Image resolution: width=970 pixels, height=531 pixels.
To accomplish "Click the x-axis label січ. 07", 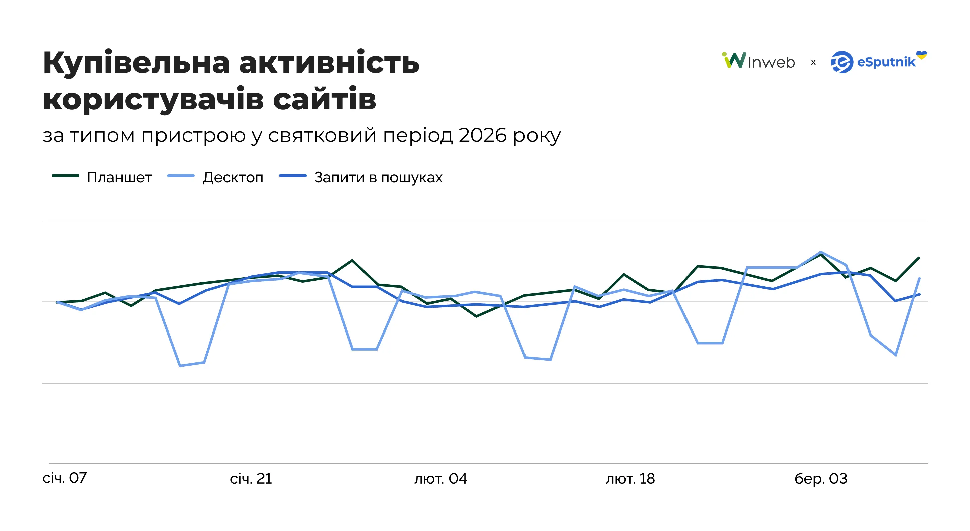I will click(64, 478).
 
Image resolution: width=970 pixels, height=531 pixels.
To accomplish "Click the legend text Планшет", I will click(119, 177).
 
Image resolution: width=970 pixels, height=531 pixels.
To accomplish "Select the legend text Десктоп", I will click(233, 177).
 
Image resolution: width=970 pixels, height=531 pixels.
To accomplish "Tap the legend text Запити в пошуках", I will click(379, 177).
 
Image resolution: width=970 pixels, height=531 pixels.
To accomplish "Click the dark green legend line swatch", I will click(66, 176).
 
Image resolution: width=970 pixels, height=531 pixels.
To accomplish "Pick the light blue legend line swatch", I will click(181, 176).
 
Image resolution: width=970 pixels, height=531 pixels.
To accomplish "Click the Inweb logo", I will click(758, 61).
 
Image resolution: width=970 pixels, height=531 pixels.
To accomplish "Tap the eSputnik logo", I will click(874, 62).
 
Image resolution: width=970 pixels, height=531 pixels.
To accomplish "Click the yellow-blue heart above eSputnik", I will click(921, 55).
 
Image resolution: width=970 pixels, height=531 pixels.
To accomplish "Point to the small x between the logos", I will click(813, 62).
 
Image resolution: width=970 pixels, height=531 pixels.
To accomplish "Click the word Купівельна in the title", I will click(136, 63).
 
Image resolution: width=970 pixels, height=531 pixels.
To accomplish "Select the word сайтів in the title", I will click(324, 99).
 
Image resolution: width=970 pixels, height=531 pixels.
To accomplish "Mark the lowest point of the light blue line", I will click(180, 366).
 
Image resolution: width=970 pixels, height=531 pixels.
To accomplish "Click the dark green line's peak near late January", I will click(352, 260).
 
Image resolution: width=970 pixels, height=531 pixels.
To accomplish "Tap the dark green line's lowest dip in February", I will click(476, 316).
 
